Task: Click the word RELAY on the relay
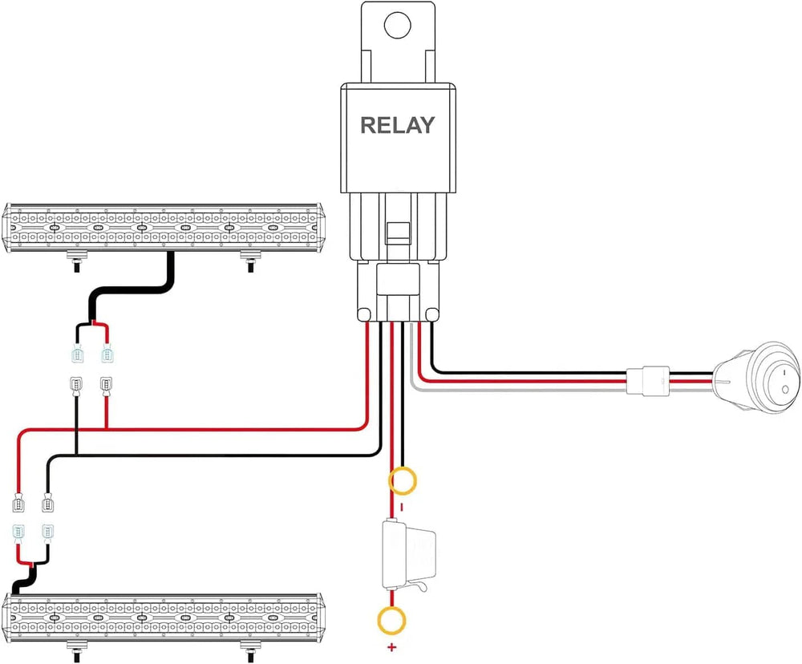(x=398, y=125)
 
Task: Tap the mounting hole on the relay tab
(x=398, y=25)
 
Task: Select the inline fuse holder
(x=407, y=554)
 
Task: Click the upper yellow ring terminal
(x=403, y=481)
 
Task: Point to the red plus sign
(x=392, y=647)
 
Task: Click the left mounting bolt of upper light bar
(x=77, y=262)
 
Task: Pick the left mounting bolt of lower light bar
(x=77, y=650)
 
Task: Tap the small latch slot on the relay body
(x=394, y=233)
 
